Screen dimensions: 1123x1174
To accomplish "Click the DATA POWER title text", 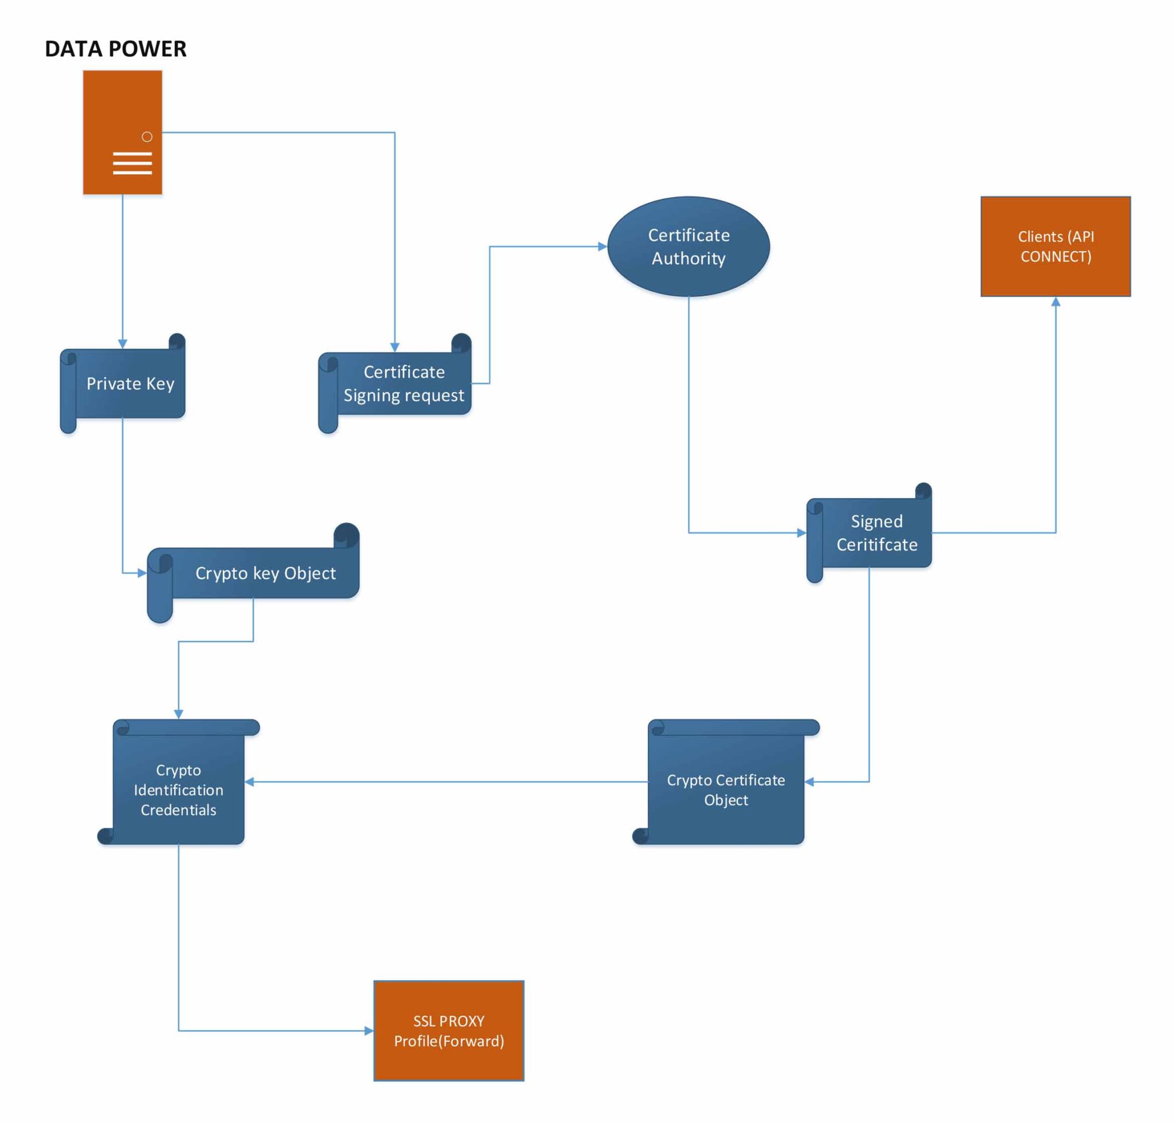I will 116,49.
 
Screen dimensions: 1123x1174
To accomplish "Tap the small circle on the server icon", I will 147,136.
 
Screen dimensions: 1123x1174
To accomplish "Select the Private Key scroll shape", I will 130,383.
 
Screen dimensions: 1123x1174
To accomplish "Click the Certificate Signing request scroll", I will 404,383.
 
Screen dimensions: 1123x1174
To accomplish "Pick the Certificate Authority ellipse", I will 688,246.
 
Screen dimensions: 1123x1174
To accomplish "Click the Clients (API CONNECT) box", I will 1055,246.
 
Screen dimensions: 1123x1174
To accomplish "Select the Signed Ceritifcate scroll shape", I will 876,532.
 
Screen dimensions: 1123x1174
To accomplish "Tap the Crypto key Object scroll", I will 265,573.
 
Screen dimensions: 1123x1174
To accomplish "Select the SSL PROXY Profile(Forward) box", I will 448,1030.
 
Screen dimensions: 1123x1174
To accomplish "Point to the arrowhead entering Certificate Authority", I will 602,246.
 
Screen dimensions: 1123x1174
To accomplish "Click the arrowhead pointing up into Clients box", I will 1055,302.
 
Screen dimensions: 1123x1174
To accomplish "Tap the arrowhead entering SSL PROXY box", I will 369,1030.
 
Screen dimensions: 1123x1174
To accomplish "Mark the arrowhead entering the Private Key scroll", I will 122,343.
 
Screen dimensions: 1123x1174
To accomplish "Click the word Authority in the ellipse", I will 688,258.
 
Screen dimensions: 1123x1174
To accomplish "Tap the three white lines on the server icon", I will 132,163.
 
